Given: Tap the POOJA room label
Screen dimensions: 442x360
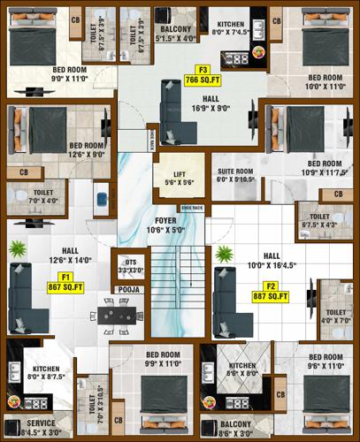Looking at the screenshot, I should (x=124, y=289).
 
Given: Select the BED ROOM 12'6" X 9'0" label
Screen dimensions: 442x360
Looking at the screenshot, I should (x=88, y=149).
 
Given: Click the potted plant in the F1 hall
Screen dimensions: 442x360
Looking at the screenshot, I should (x=17, y=250).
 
